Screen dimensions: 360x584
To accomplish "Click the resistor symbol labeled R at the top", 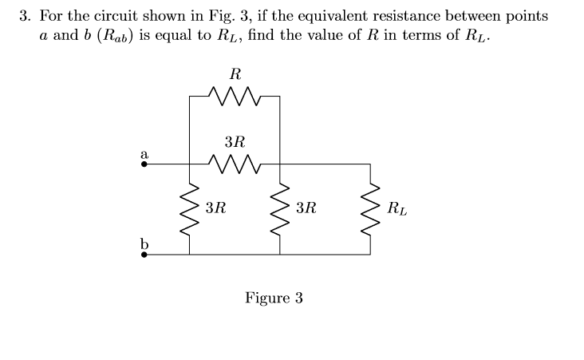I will (234, 97).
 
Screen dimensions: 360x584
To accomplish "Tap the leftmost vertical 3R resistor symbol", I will (189, 210).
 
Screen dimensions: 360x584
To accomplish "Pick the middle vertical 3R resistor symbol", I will (279, 210).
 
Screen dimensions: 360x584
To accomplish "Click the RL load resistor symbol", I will (369, 210).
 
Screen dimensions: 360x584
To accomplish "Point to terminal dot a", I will (144, 164).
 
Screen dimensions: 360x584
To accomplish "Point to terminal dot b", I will (144, 255).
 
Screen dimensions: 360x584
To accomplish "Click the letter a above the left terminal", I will (144, 151).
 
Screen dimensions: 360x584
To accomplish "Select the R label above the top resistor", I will (235, 74).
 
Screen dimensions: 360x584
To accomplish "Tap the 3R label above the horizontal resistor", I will (235, 142).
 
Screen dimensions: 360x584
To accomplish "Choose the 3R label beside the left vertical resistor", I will (215, 210).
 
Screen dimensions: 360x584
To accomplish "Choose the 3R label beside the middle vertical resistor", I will (305, 210).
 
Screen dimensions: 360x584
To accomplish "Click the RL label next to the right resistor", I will (396, 211).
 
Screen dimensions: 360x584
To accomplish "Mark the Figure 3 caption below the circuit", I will (274, 299).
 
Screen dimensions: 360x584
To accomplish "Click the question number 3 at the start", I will (25, 17).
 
